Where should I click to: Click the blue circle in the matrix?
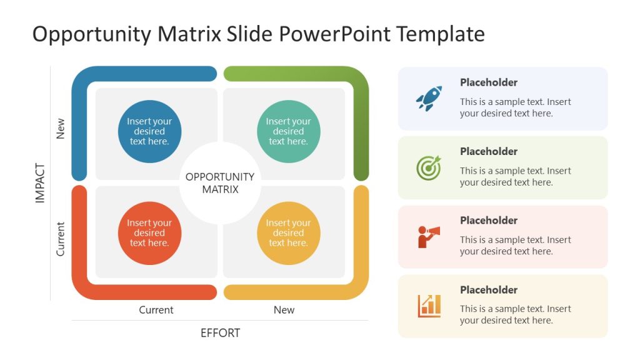pos(149,132)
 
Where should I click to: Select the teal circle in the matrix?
pos(288,132)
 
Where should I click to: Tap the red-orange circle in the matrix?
pos(149,233)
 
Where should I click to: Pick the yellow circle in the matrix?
pos(288,233)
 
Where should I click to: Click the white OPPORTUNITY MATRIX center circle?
pos(220,183)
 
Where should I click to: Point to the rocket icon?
pos(429,99)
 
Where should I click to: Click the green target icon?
pos(429,167)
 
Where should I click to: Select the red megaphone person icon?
pos(429,237)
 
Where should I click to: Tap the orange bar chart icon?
pos(429,306)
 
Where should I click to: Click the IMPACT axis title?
pos(41,183)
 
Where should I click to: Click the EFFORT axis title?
pos(220,333)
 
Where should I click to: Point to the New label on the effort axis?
pos(284,310)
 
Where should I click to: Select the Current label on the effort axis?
pos(156,310)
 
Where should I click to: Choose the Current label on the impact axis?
pos(61,238)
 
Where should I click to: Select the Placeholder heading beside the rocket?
pos(489,82)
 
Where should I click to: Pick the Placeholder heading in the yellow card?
pos(489,290)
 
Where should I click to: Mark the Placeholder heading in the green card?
pos(489,151)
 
